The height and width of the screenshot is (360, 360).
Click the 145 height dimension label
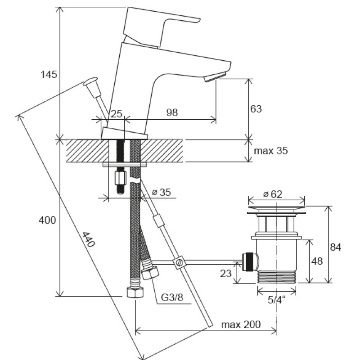(x=49, y=75)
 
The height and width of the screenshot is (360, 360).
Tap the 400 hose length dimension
(x=47, y=220)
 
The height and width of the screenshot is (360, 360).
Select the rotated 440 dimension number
(x=88, y=239)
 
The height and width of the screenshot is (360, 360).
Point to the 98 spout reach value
(x=172, y=112)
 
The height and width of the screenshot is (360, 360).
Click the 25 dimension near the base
(x=117, y=114)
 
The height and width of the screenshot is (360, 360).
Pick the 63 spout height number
(x=256, y=109)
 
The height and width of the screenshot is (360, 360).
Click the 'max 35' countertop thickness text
(x=271, y=151)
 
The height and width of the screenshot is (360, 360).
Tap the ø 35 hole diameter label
(x=162, y=193)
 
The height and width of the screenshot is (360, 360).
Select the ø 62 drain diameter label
(x=273, y=194)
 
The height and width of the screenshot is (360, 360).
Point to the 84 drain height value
(x=335, y=247)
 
